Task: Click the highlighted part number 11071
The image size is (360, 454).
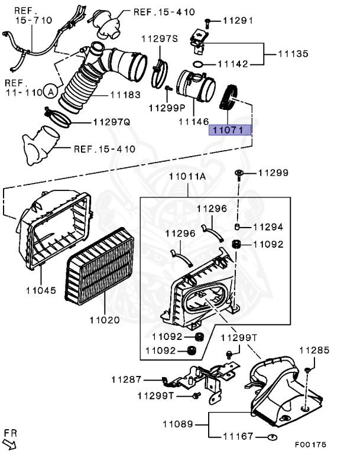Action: coord(231,129)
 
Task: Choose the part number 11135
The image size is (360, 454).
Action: coord(293,54)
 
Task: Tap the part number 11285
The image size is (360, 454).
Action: coord(314,351)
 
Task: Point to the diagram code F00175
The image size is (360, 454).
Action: coord(310,444)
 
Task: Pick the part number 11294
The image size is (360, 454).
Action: coord(268,226)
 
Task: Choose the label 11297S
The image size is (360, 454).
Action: coord(159,39)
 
